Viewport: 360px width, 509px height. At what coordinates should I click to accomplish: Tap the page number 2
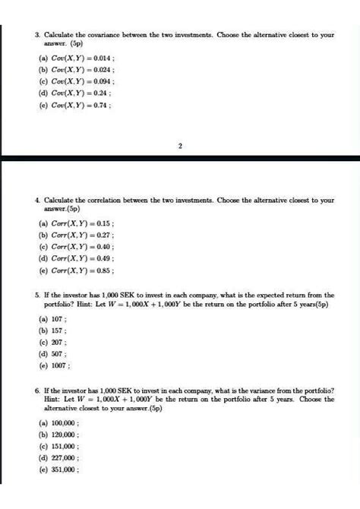click(x=179, y=147)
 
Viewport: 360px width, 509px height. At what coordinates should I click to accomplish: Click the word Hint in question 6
click(x=52, y=399)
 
